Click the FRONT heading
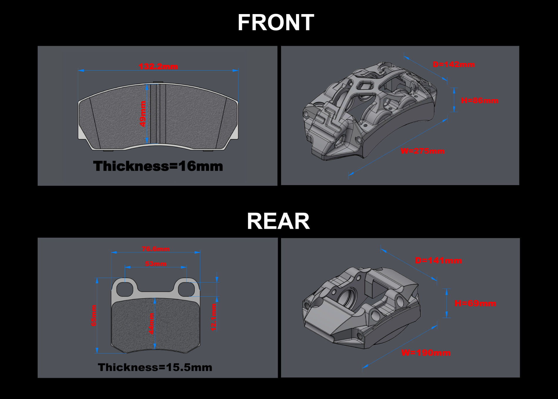point(276,23)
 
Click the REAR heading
point(278,221)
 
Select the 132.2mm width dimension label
point(158,67)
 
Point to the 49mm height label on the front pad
point(143,114)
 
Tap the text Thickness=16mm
point(158,166)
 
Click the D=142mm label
point(454,65)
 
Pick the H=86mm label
point(480,101)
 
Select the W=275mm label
point(422,151)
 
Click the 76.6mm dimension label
point(156,249)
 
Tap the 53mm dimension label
point(156,264)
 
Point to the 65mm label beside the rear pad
point(94,316)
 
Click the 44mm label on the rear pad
point(151,324)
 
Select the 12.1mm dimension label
point(214,317)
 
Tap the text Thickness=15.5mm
point(155,367)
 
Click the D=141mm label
point(438,261)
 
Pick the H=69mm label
point(475,303)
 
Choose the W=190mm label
point(426,353)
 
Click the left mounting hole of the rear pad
point(125,289)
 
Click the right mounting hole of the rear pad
point(187,289)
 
